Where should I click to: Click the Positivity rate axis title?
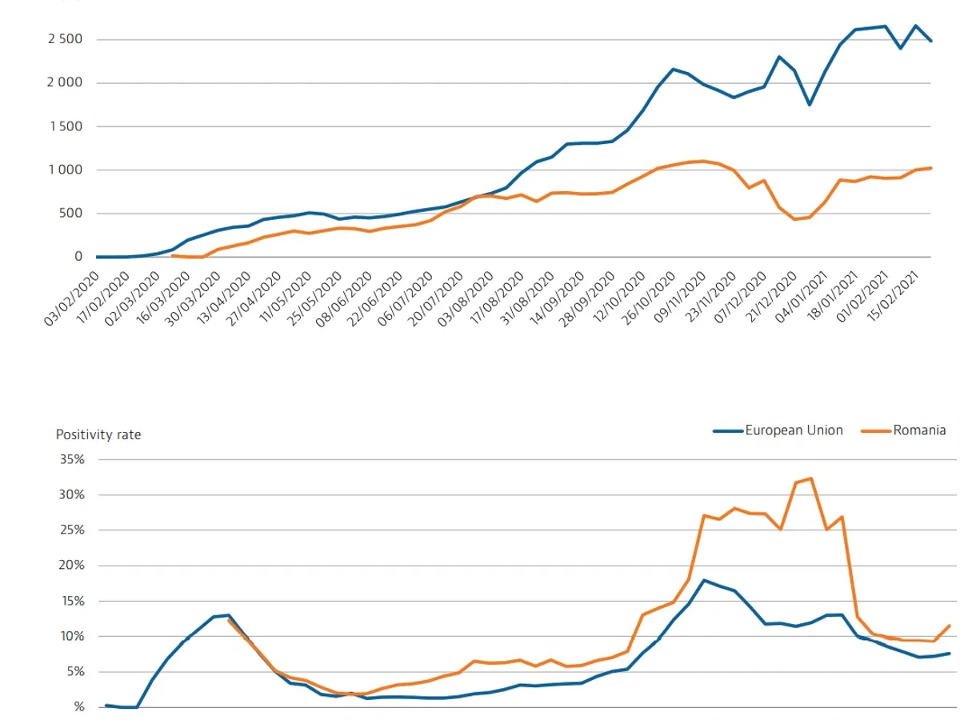click(98, 434)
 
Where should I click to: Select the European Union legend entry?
click(778, 430)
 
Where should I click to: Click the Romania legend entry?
click(903, 430)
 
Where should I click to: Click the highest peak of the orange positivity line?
click(811, 478)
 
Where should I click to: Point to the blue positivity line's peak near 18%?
click(703, 580)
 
